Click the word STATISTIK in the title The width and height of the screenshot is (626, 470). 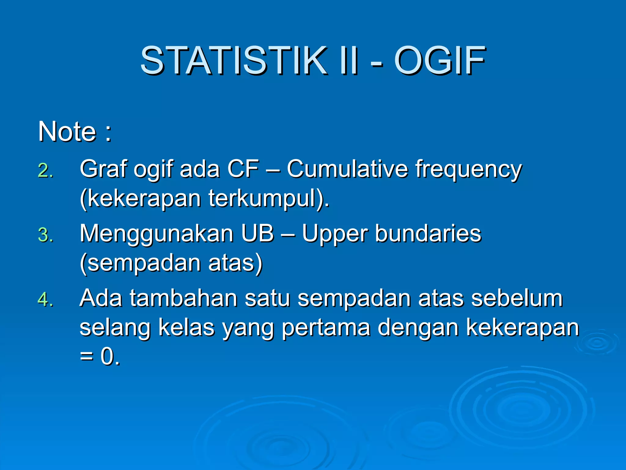click(x=234, y=60)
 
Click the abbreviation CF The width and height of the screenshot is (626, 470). click(x=243, y=169)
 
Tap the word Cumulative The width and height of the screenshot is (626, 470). click(x=347, y=169)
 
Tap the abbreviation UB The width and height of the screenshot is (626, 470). click(x=257, y=233)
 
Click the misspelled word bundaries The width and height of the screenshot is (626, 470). click(x=428, y=233)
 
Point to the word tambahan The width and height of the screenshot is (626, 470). click(x=183, y=298)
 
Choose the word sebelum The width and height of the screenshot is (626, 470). click(x=517, y=298)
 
